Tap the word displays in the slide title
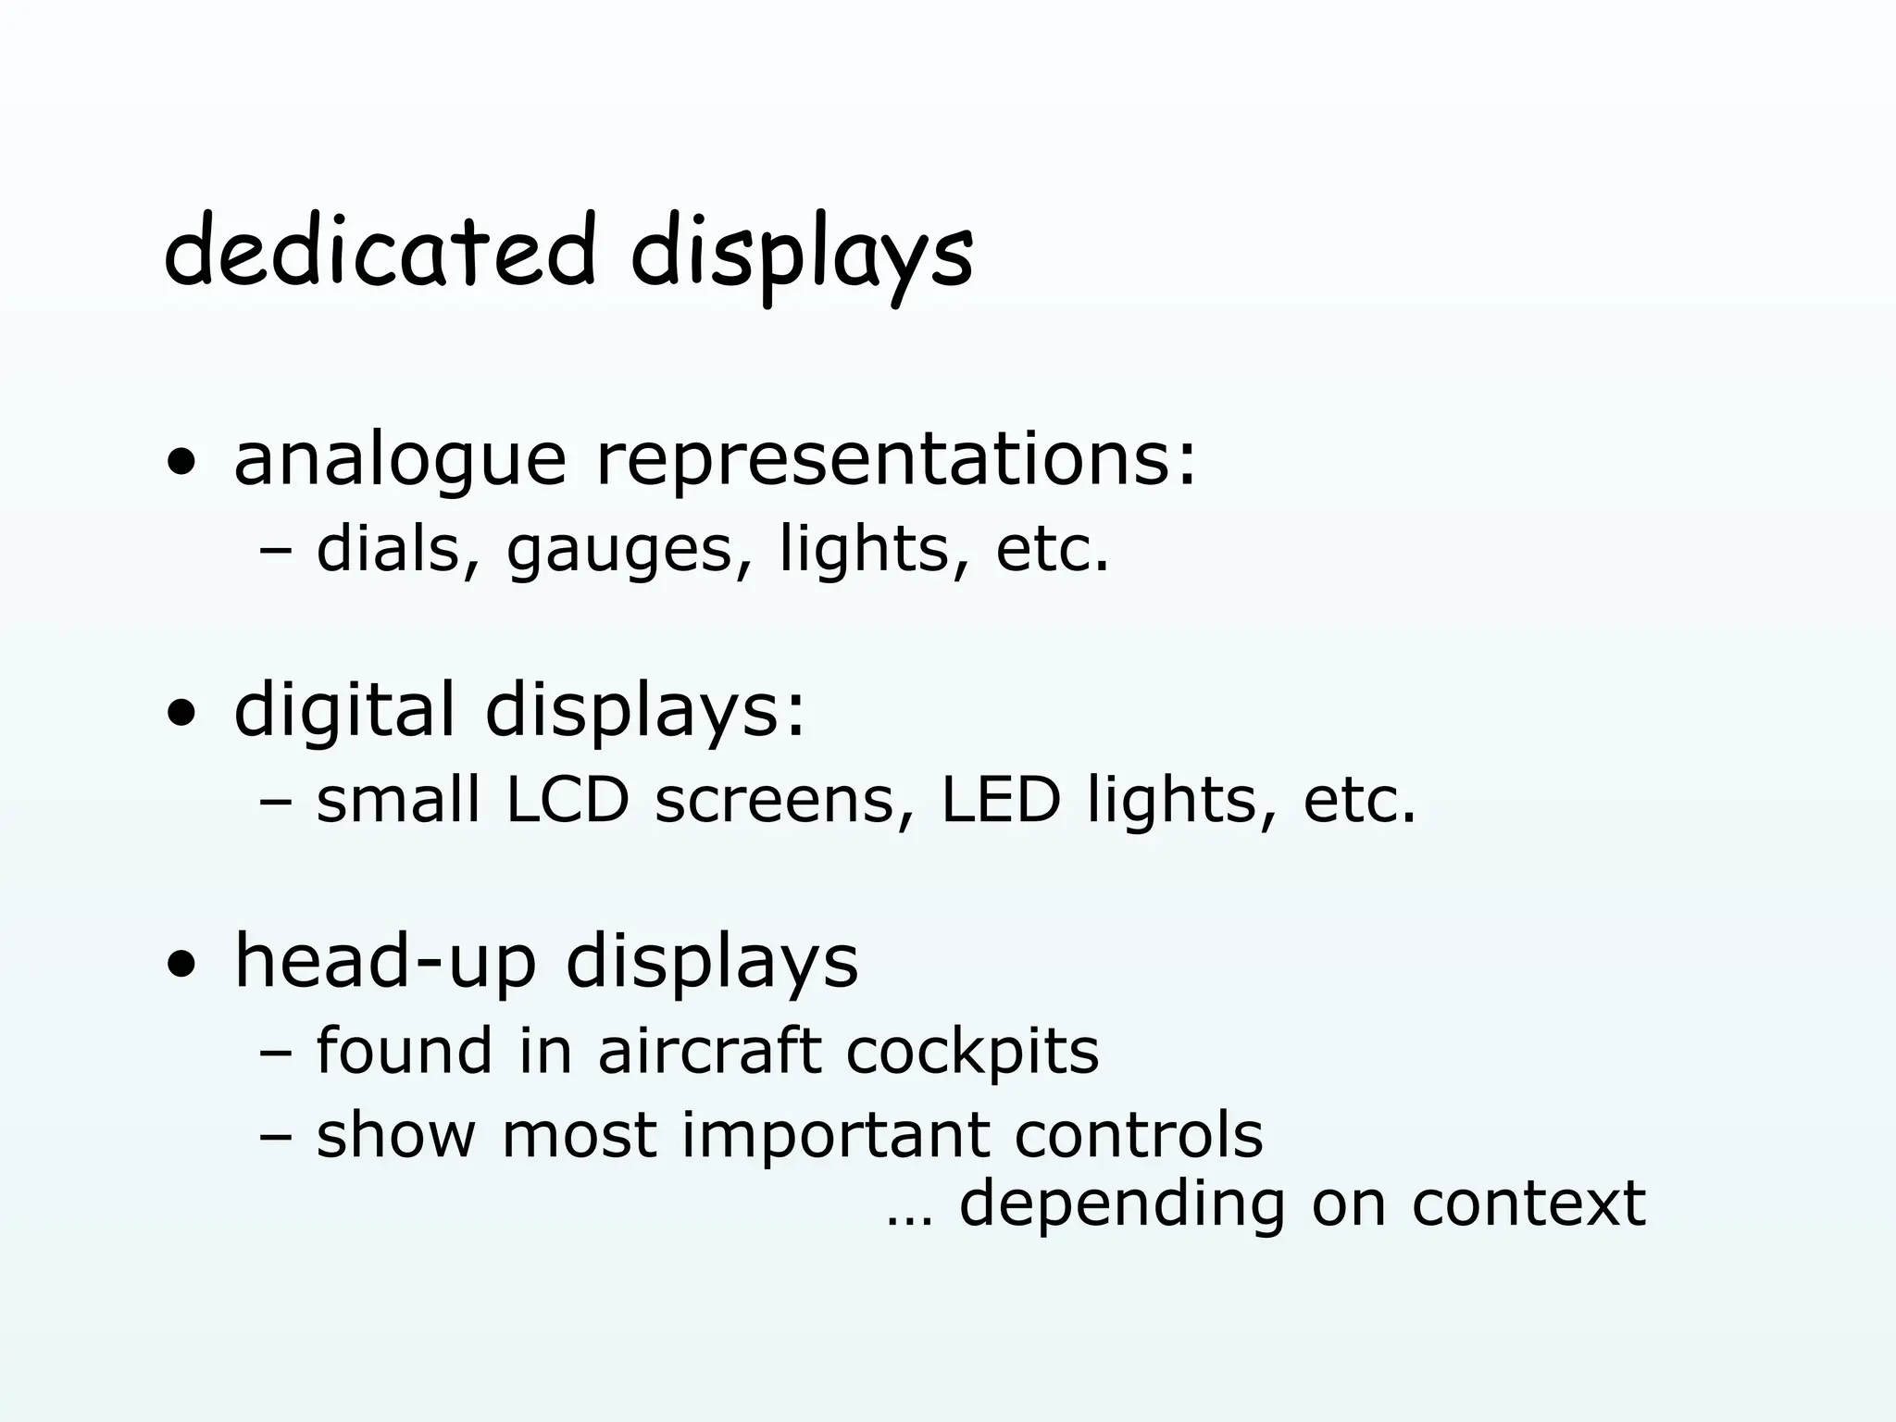801,255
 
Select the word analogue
399,460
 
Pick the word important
834,1136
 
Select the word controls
1139,1135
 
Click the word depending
1122,1206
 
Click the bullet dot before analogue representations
181,464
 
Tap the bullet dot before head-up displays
181,967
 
